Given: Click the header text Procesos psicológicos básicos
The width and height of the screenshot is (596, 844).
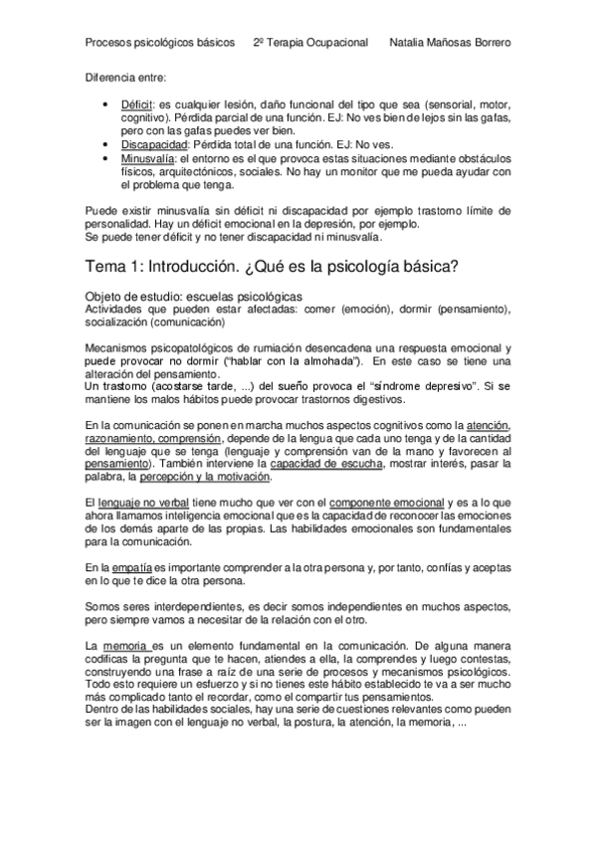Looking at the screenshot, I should click(159, 44).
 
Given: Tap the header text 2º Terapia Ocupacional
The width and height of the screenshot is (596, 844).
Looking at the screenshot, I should click(310, 44).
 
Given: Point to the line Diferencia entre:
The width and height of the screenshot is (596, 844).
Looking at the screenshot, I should click(125, 77).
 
